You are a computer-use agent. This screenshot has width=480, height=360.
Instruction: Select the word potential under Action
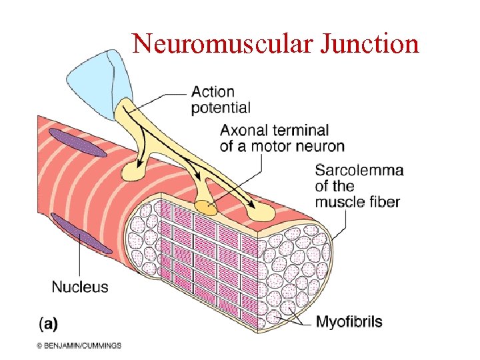[221, 107]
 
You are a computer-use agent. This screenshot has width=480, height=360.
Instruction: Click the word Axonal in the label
[243, 130]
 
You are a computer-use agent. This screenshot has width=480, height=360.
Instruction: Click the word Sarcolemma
[359, 170]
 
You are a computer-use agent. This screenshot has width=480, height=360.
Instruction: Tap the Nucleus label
[80, 287]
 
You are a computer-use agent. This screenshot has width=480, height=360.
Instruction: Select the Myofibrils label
[349, 322]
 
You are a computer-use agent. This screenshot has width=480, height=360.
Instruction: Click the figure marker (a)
[48, 324]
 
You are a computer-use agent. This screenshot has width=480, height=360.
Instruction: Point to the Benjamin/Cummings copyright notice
[79, 345]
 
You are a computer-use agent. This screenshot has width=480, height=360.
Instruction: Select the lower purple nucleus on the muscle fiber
[81, 233]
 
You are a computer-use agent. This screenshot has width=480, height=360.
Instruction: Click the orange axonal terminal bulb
[206, 208]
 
